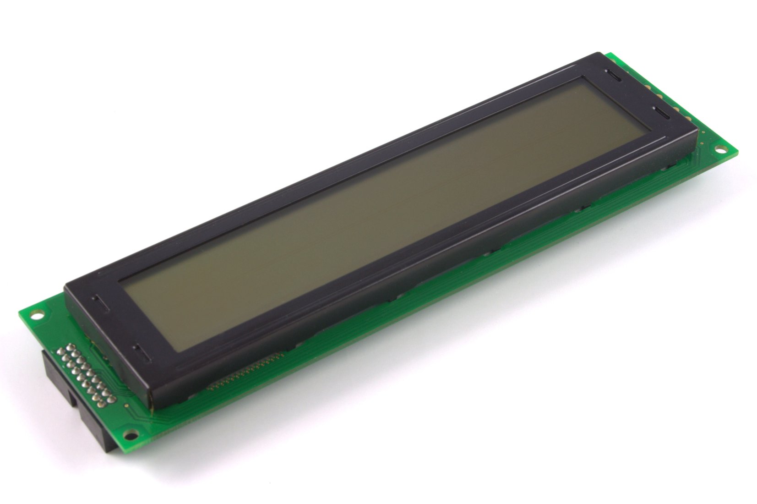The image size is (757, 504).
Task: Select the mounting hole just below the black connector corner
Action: (x=128, y=434)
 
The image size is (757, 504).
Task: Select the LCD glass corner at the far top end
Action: (x=584, y=78)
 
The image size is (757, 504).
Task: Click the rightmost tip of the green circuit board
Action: (x=739, y=151)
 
